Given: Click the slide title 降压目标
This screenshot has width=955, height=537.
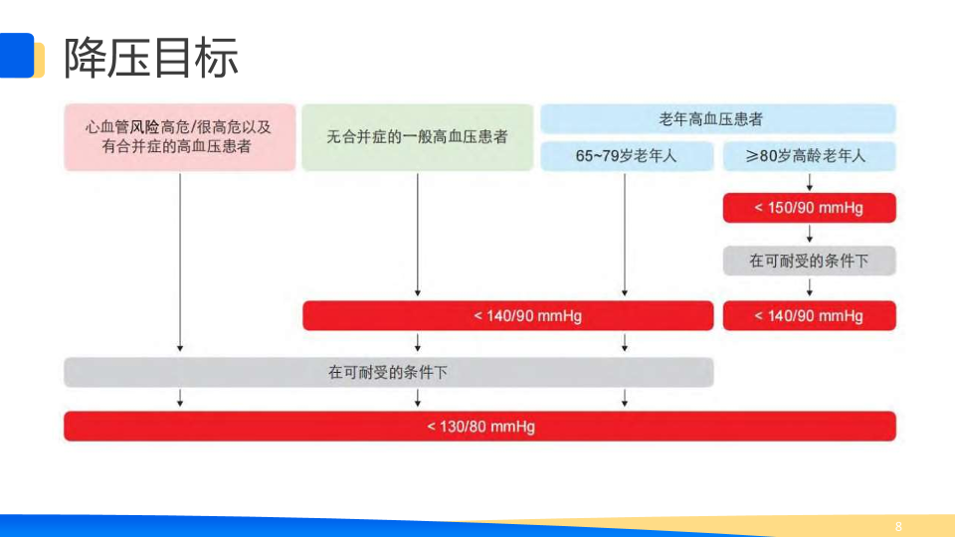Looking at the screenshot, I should pyautogui.click(x=151, y=57).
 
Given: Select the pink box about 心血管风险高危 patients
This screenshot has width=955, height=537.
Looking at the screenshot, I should pyautogui.click(x=180, y=137).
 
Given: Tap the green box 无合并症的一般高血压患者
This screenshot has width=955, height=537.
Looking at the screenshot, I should pyautogui.click(x=417, y=137).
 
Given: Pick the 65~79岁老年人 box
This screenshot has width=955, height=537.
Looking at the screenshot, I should pyautogui.click(x=627, y=156).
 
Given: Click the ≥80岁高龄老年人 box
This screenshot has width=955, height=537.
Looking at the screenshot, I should pyautogui.click(x=809, y=156).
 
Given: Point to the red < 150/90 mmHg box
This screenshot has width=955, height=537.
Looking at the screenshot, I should pyautogui.click(x=809, y=208).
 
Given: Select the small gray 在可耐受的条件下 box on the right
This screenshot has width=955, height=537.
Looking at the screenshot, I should pyautogui.click(x=809, y=261).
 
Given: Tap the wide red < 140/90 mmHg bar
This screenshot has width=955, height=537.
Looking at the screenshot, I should pyautogui.click(x=507, y=316).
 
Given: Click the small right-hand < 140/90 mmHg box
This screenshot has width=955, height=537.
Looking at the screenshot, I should pyautogui.click(x=809, y=316).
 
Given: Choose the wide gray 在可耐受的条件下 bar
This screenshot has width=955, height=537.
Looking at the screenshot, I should pyautogui.click(x=388, y=373).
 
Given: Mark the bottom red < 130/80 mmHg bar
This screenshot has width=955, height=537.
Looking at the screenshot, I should pyautogui.click(x=480, y=427).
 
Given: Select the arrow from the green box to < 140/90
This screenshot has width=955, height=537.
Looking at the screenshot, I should pyautogui.click(x=417, y=235).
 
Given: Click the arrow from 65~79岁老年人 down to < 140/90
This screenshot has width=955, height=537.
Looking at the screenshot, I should pyautogui.click(x=625, y=235).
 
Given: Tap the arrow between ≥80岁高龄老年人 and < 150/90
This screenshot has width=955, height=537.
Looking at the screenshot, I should pyautogui.click(x=811, y=182).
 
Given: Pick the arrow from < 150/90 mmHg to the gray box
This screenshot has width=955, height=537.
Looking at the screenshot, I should pyautogui.click(x=811, y=235).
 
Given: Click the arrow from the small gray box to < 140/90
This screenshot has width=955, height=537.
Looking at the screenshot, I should pyautogui.click(x=811, y=287).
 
